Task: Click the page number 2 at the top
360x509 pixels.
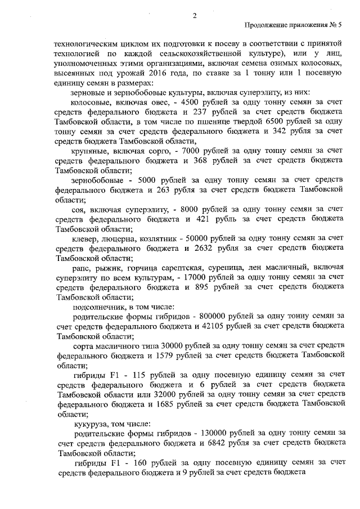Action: point(194,16)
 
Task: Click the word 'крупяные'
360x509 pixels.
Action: point(91,152)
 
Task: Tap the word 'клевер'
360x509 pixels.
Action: point(87,239)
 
